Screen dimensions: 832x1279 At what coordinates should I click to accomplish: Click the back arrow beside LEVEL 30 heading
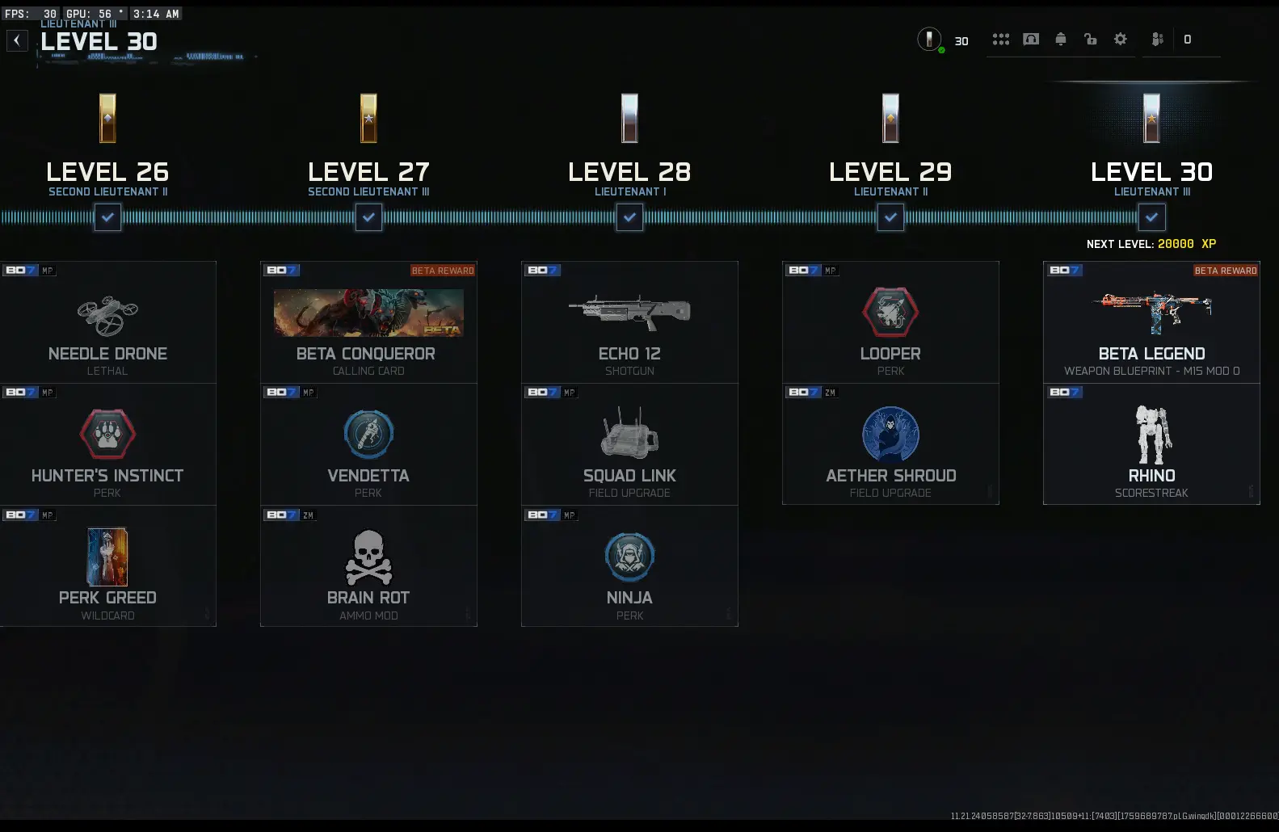tap(17, 40)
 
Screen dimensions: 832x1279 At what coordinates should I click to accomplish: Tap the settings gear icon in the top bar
tap(1120, 39)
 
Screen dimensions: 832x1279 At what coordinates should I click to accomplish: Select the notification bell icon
tap(1061, 39)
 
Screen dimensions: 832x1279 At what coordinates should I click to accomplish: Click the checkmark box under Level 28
tap(629, 217)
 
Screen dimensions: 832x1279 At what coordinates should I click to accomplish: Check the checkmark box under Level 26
tap(107, 217)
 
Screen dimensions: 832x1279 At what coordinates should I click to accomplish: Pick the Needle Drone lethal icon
tap(107, 315)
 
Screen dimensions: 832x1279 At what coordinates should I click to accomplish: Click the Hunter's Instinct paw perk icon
tap(107, 435)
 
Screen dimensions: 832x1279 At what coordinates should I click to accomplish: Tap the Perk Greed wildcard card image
tap(107, 557)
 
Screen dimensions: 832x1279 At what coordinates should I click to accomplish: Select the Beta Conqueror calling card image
tap(368, 313)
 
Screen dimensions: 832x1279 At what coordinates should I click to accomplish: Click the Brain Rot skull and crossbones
tap(368, 557)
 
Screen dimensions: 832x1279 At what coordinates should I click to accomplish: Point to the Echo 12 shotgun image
tap(629, 312)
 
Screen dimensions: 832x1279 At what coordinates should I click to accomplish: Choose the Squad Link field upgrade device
tap(629, 434)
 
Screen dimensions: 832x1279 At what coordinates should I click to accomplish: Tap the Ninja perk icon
tap(629, 557)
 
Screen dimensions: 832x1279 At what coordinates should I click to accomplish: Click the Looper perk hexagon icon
tap(890, 312)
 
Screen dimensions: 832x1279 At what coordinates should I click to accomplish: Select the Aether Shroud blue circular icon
tap(890, 434)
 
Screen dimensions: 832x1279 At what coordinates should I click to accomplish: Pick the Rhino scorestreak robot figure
tap(1152, 434)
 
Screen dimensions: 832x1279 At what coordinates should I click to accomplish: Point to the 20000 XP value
tap(1176, 244)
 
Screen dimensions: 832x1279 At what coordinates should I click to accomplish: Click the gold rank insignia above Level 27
tap(368, 118)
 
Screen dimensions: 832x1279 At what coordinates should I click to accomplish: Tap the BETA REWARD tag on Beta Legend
tap(1225, 271)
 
